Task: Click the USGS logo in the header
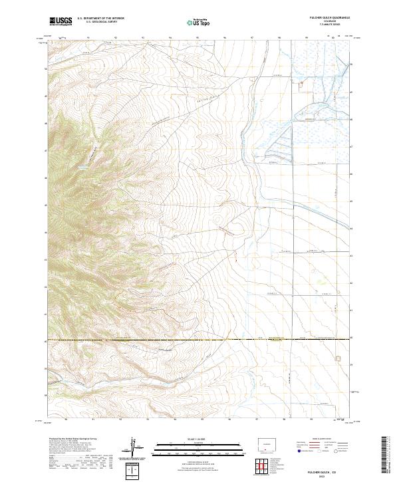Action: (x=61, y=21)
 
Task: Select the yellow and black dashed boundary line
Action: (x=199, y=339)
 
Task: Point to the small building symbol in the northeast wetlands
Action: (x=301, y=82)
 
